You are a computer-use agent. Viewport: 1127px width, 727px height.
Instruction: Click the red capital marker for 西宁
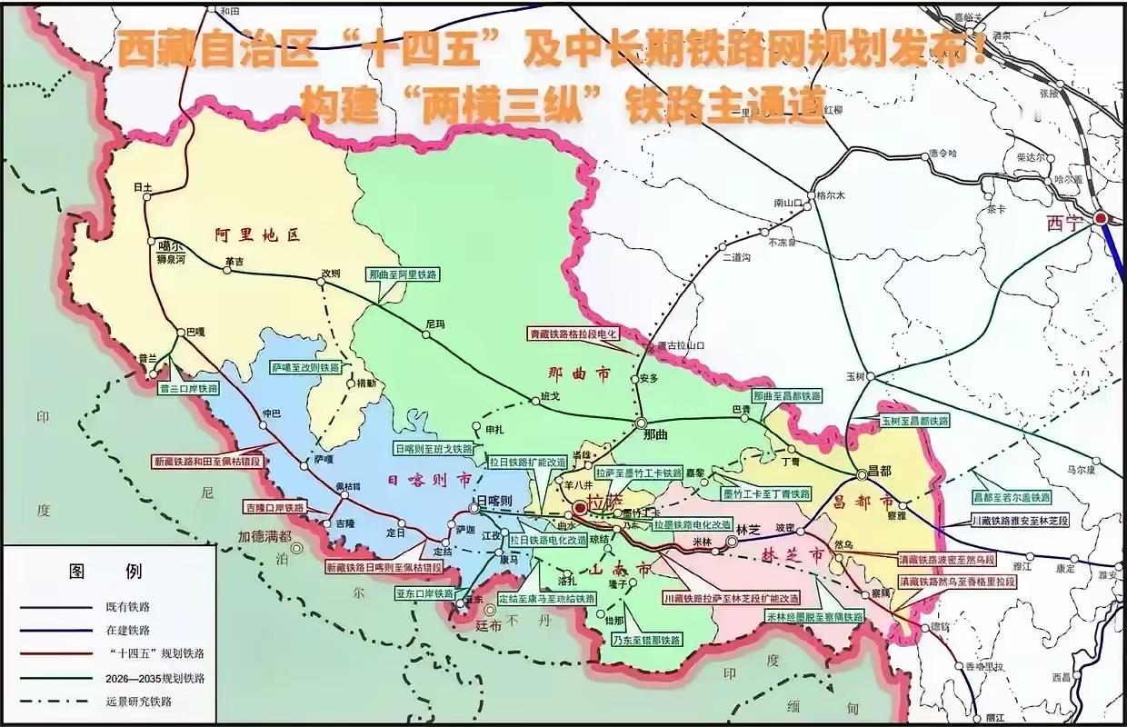tap(1101, 218)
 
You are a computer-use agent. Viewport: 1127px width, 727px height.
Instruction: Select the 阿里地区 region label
tap(257, 234)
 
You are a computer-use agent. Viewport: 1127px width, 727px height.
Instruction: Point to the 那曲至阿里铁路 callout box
tap(403, 274)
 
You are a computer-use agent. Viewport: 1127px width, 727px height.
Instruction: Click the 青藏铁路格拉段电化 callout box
tap(573, 334)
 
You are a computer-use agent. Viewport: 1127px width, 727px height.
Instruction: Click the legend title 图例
tap(106, 572)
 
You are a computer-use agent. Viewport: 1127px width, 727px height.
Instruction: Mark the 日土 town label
tap(143, 187)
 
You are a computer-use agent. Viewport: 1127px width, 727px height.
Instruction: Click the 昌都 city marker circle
tap(861, 475)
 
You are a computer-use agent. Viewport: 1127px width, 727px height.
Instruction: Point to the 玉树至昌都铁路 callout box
tap(913, 421)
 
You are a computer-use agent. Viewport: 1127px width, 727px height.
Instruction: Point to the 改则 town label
tap(329, 273)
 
